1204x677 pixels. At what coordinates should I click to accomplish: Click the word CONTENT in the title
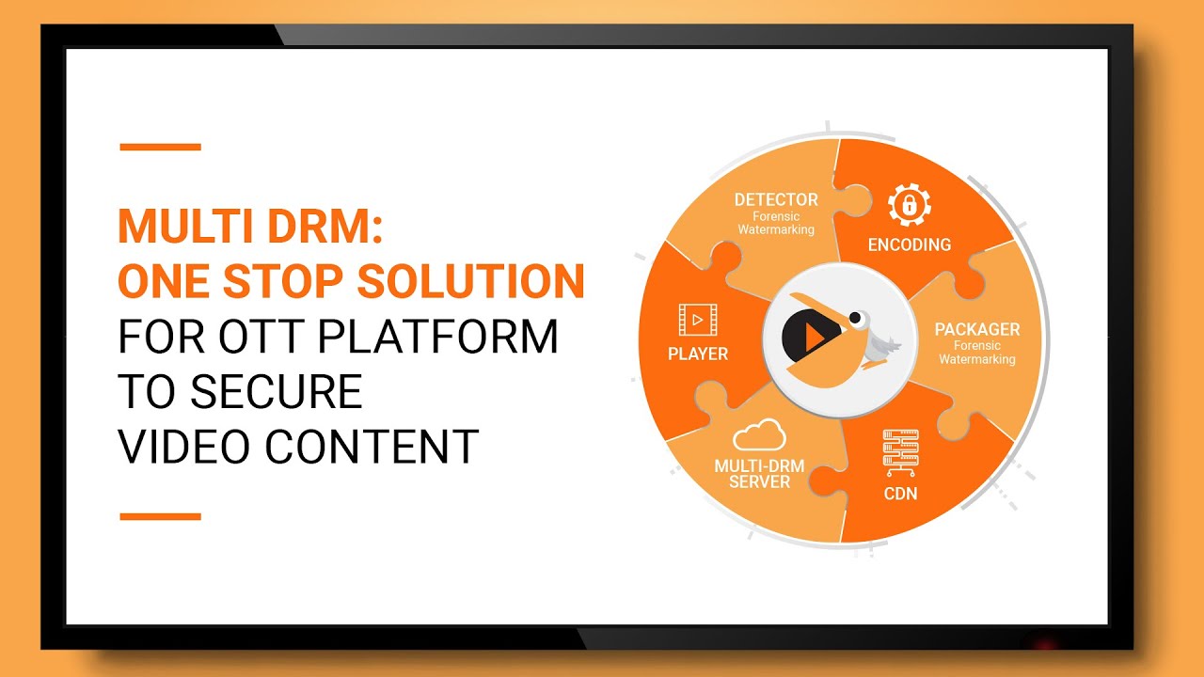coord(373,446)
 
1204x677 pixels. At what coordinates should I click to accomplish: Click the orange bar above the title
coord(160,147)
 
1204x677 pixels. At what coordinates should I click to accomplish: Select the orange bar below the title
coord(160,516)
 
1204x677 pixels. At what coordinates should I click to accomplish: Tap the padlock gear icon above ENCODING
coord(909,204)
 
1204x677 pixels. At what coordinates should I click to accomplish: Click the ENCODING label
coord(909,245)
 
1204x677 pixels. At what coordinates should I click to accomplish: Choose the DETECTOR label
coord(776,199)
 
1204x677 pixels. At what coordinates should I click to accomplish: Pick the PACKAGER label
coord(976,330)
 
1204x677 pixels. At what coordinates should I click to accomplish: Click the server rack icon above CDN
coord(900,452)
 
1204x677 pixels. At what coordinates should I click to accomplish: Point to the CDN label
coord(900,493)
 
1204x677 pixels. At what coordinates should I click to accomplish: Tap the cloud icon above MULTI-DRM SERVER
coord(759,434)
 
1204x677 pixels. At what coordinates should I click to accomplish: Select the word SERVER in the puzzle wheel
coord(759,481)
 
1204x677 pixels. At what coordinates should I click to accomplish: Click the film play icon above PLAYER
coord(697,320)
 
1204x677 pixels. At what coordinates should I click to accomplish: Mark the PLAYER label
coord(697,354)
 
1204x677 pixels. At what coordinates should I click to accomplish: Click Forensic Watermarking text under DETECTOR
coord(776,223)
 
